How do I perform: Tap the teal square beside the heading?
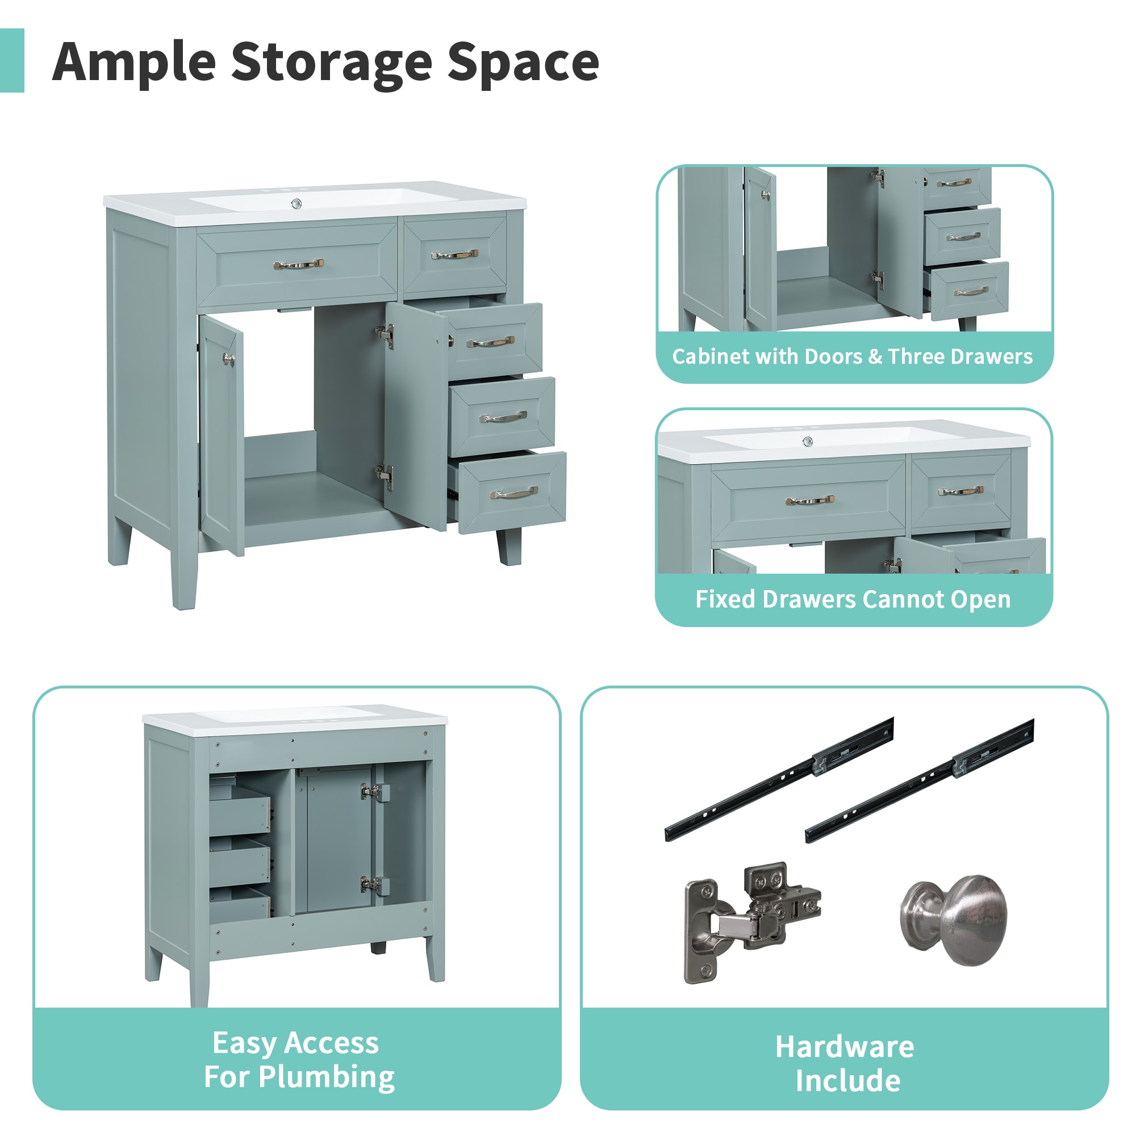(x=12, y=61)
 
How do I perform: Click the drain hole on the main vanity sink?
(x=297, y=204)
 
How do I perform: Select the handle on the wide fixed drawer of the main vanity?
(x=298, y=264)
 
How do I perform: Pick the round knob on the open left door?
(x=228, y=358)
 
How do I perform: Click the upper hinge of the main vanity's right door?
(x=385, y=333)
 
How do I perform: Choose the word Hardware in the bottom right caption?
(x=845, y=1047)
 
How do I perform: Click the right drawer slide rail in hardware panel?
(x=919, y=779)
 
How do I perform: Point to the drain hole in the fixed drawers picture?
(x=808, y=441)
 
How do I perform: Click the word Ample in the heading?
(x=134, y=62)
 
